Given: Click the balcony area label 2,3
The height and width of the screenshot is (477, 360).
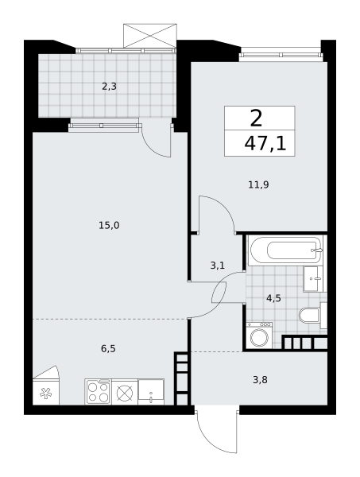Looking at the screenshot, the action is [x=109, y=87].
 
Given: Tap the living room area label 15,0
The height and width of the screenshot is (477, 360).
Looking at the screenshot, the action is [x=109, y=226].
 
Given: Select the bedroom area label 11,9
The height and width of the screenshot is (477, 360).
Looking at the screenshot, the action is [x=258, y=184].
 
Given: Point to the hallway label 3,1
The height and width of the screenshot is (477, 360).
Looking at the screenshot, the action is [x=218, y=266].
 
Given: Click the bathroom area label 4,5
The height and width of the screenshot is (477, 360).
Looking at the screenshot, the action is [x=273, y=298].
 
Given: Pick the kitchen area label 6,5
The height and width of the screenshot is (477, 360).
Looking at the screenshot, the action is [x=108, y=349].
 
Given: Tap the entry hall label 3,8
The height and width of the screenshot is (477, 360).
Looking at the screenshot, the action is [x=261, y=380].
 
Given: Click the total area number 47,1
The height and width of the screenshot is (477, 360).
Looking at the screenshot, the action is [x=265, y=144].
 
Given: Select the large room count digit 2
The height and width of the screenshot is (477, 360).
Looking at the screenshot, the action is [x=256, y=118].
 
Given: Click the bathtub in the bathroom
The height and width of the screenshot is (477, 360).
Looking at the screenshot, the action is [x=285, y=250].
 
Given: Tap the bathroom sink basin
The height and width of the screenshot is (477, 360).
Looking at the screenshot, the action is [x=313, y=279].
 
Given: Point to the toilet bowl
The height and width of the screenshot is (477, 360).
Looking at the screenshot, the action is [x=309, y=315].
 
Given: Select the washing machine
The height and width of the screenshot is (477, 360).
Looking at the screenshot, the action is [x=259, y=335].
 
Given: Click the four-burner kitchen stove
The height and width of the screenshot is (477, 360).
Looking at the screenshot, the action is [x=99, y=392].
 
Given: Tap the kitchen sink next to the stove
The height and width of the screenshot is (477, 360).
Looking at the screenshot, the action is [x=151, y=392].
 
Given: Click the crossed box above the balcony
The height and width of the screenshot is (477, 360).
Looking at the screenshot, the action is [x=150, y=36].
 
